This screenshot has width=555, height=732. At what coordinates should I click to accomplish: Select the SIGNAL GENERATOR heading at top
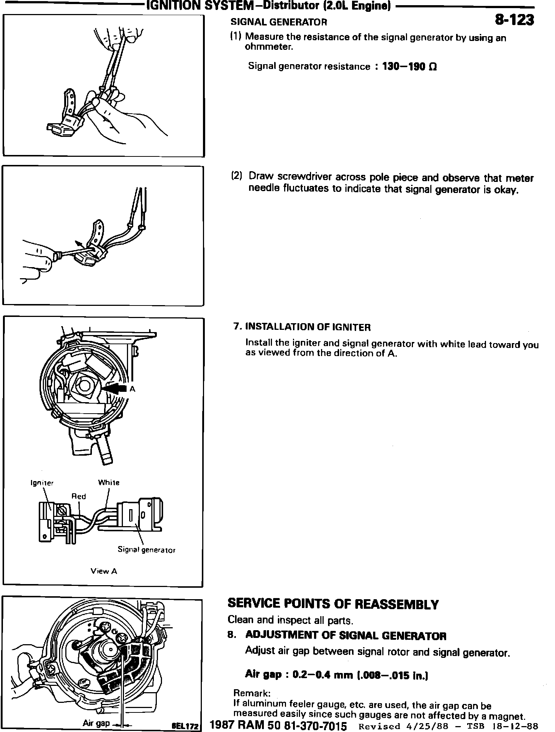tap(279, 22)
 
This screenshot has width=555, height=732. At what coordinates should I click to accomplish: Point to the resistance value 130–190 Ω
tap(409, 67)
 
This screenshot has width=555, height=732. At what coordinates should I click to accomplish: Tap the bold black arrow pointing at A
tap(115, 389)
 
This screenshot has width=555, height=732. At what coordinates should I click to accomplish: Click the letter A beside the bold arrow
tap(132, 389)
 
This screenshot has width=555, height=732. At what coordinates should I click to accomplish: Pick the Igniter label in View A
tap(42, 483)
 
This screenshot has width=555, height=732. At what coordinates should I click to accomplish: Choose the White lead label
tap(108, 482)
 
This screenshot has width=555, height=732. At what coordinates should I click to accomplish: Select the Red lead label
tap(78, 496)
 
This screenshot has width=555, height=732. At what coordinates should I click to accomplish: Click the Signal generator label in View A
tap(146, 550)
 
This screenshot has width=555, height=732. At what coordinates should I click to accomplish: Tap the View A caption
tap(104, 572)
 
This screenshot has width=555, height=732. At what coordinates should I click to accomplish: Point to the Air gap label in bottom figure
tap(96, 723)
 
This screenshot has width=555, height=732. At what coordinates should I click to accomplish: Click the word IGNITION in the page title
tap(168, 6)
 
